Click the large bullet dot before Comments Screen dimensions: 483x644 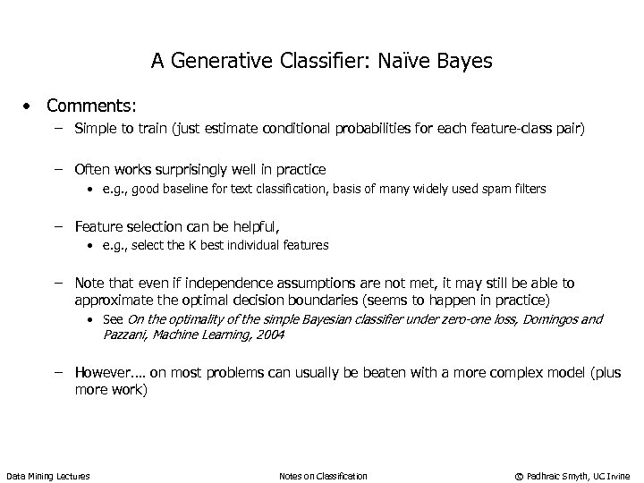pos(30,106)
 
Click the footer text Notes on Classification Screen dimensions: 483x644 pos(323,476)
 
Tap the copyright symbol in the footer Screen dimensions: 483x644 pos(516,476)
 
